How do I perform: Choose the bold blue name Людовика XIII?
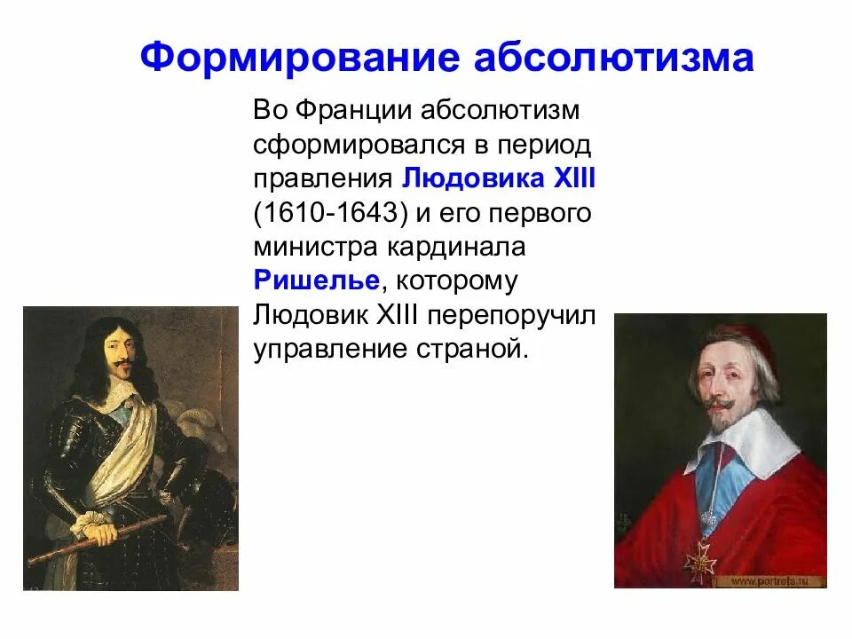pyautogui.click(x=499, y=177)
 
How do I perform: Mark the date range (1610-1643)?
pyautogui.click(x=325, y=213)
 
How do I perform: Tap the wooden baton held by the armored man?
pyautogui.click(x=98, y=538)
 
